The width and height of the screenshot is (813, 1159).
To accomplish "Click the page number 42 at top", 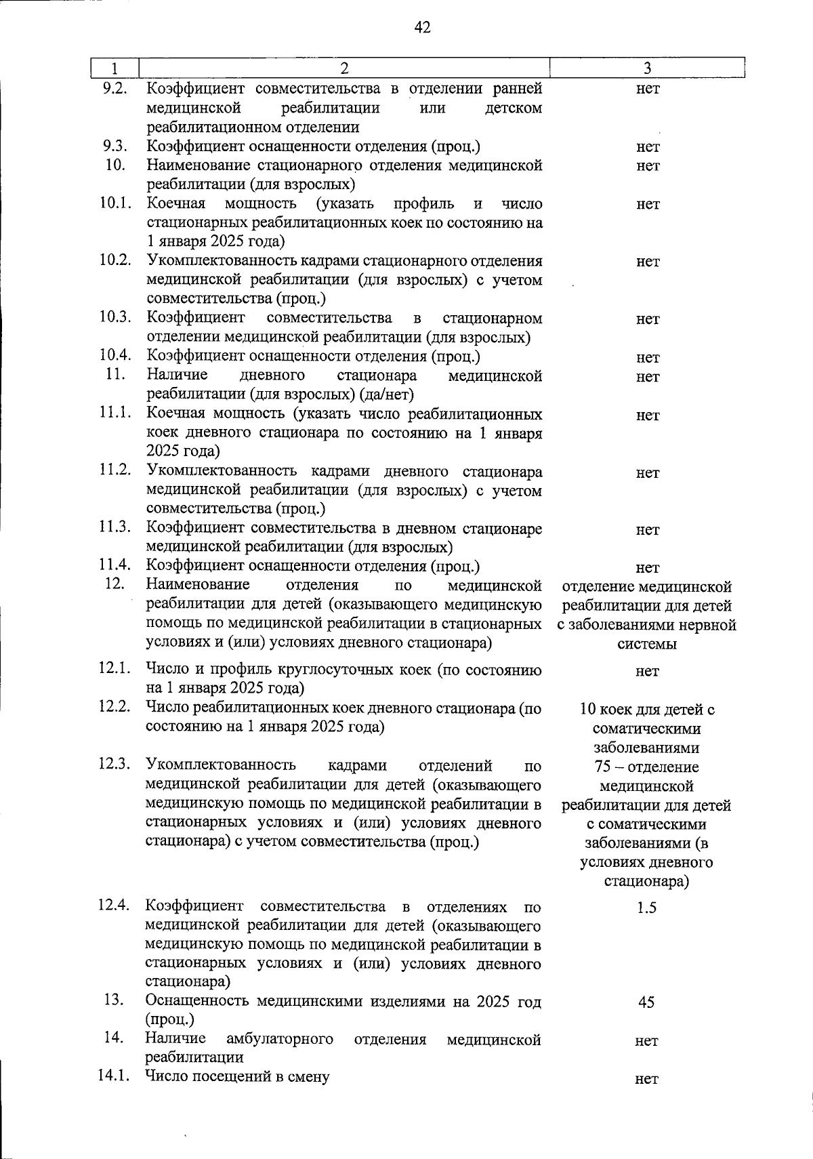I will point(421,27).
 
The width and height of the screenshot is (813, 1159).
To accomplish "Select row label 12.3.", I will point(114,765).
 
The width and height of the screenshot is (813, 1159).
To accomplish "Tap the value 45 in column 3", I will point(646,1002).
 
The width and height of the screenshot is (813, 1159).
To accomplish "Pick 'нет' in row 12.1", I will point(647,671).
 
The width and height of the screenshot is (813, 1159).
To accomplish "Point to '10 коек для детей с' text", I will point(647,710).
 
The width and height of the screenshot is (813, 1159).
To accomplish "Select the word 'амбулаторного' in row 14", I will point(279,1039).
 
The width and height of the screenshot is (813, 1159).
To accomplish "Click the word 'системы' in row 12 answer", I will point(647,644).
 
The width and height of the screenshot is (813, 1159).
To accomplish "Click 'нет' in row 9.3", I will point(648,147).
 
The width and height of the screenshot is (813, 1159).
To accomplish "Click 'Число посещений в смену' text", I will point(238,1076).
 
